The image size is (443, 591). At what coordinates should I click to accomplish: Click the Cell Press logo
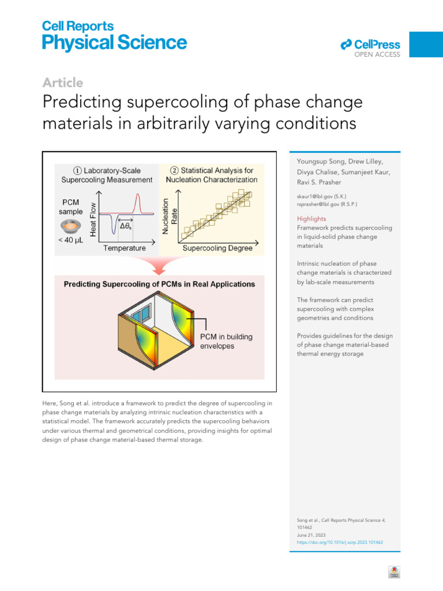pyautogui.click(x=370, y=45)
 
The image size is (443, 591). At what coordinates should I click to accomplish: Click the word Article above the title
pyautogui.click(x=63, y=83)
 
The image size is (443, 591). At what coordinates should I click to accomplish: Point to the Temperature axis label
pyautogui.click(x=125, y=249)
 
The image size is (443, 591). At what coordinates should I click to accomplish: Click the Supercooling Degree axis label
pyautogui.click(x=217, y=249)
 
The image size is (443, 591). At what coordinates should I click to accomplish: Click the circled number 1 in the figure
pyautogui.click(x=77, y=171)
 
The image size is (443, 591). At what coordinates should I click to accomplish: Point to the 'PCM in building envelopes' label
pyautogui.click(x=226, y=341)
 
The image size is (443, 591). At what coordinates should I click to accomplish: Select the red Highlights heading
pyautogui.click(x=311, y=219)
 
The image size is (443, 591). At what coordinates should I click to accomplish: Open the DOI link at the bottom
pyautogui.click(x=340, y=543)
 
